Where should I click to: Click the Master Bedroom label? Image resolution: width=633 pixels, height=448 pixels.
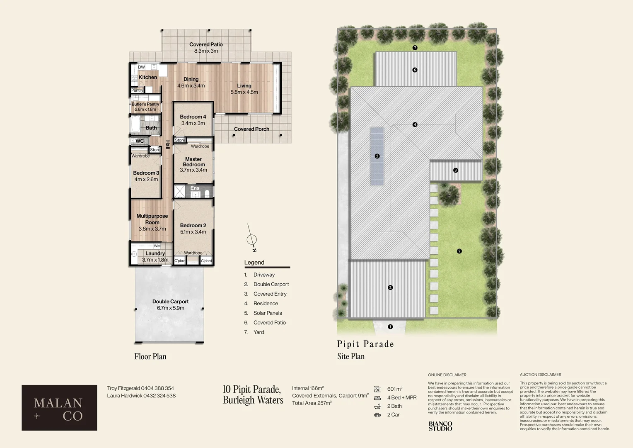[193, 162]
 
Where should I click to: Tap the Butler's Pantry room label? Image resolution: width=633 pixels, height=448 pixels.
[145, 104]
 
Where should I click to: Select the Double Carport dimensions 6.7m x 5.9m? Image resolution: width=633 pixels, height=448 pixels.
[170, 308]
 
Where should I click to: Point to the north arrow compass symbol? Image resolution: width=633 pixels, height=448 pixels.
[251, 239]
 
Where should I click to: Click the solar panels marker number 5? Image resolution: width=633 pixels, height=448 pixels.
[377, 156]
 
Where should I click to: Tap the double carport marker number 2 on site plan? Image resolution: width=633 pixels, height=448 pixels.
[390, 287]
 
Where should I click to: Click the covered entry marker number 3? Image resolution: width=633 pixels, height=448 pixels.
[456, 170]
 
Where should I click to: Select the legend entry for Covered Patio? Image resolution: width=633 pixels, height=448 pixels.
[269, 323]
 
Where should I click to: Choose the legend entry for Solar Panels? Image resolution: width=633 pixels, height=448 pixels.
[267, 313]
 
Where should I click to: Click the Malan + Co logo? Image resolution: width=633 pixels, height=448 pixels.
[59, 408]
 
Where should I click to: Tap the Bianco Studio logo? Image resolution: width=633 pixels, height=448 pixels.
[440, 426]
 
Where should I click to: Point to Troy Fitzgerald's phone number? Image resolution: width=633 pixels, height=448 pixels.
[157, 388]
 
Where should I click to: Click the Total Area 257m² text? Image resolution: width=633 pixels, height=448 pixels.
[312, 403]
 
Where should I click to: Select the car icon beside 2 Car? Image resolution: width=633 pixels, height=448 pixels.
[377, 415]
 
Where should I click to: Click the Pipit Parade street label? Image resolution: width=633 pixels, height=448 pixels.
[365, 344]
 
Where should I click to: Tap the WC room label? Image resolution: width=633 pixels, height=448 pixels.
[140, 141]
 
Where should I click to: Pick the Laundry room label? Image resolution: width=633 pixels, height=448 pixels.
[155, 253]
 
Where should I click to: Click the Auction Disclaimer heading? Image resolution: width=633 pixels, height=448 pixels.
[540, 375]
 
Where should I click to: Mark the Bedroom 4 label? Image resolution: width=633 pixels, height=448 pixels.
[193, 117]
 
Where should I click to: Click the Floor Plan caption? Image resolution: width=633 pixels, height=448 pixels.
[150, 356]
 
